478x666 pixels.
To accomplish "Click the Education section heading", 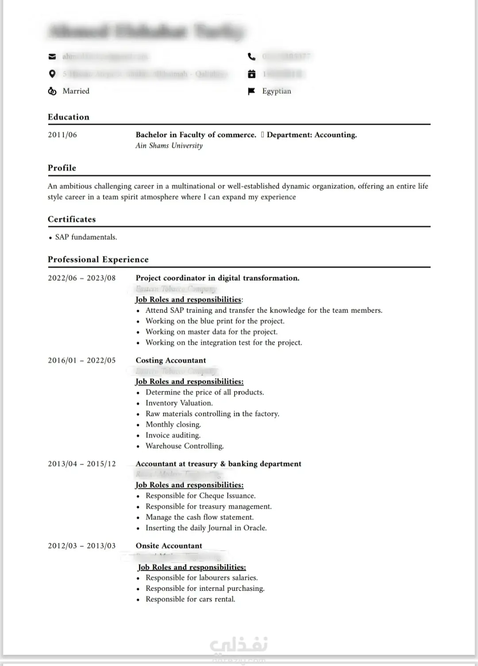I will coord(69,117).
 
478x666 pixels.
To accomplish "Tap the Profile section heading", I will coord(62,168).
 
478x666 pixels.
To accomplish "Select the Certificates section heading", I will coord(72,219).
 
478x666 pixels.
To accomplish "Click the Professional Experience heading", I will coord(98,259).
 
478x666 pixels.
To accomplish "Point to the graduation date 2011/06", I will coord(62,135).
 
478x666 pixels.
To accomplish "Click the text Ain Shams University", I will coord(169,146).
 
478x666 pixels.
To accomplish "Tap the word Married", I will coord(76,91).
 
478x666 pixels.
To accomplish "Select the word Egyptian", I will coord(277,91).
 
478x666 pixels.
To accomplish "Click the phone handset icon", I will coord(251,57).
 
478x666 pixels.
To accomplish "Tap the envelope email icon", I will coord(52,57).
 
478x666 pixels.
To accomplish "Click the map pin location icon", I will coord(52,74).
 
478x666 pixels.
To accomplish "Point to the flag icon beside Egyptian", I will coord(251,91).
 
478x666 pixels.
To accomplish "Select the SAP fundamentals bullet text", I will coord(86,237).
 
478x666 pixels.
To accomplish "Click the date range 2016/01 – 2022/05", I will coord(82,361).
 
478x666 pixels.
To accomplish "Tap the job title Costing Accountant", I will coord(171,361).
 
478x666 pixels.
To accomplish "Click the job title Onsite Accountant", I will coord(169,546).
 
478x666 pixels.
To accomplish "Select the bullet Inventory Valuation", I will coord(179,403).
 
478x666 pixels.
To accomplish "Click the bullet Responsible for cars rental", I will coord(190,599).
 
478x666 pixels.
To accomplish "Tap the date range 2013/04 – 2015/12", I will coord(82,464).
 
